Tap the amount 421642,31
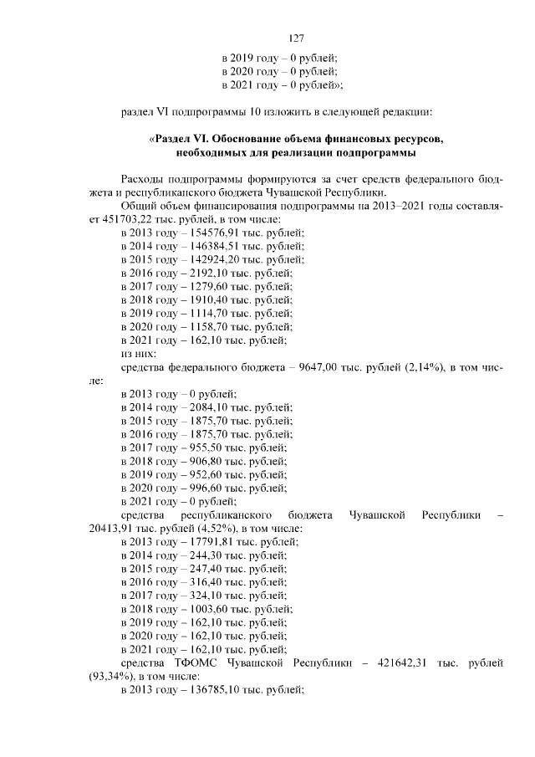[395, 662]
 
